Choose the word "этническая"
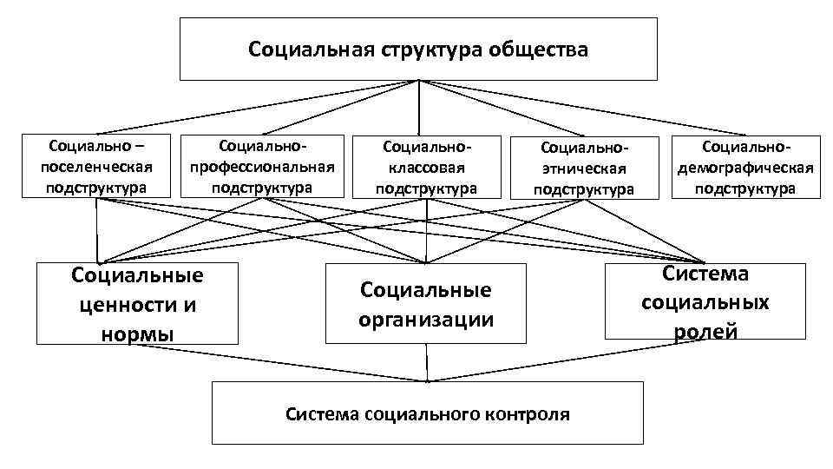coord(584,168)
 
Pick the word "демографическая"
coord(746,167)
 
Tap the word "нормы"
coord(137,334)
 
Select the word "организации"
coord(426,319)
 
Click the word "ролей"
coord(705,331)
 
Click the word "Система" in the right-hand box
coord(705,274)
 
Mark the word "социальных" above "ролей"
coord(705,302)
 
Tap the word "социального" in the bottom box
coord(415,414)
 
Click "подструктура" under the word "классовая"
coord(426,187)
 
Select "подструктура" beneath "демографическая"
coord(746,188)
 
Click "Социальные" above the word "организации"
coord(426,290)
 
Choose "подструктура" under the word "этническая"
coord(584,189)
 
